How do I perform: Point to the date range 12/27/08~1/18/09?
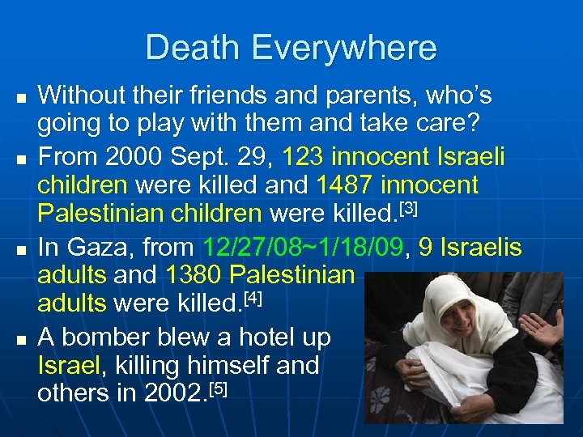[x=304, y=246]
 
